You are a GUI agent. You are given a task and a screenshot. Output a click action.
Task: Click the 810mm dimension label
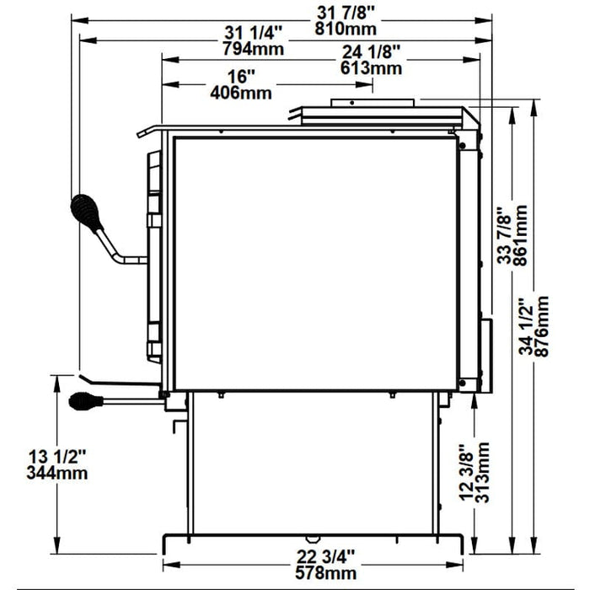click(346, 29)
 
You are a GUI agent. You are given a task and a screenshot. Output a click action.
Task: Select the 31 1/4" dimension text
click(253, 34)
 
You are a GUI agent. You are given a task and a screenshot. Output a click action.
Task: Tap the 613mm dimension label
click(371, 68)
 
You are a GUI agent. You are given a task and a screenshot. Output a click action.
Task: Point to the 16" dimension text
click(241, 77)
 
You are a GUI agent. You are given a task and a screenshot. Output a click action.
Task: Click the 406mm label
click(241, 93)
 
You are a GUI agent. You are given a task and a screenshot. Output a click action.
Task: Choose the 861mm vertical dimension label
click(520, 235)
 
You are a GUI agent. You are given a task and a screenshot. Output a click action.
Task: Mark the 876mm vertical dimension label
click(542, 326)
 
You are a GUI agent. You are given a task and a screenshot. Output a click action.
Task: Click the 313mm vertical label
click(482, 472)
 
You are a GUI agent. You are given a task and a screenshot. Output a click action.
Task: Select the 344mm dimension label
click(56, 474)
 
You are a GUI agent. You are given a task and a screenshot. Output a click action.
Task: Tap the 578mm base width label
click(326, 573)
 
